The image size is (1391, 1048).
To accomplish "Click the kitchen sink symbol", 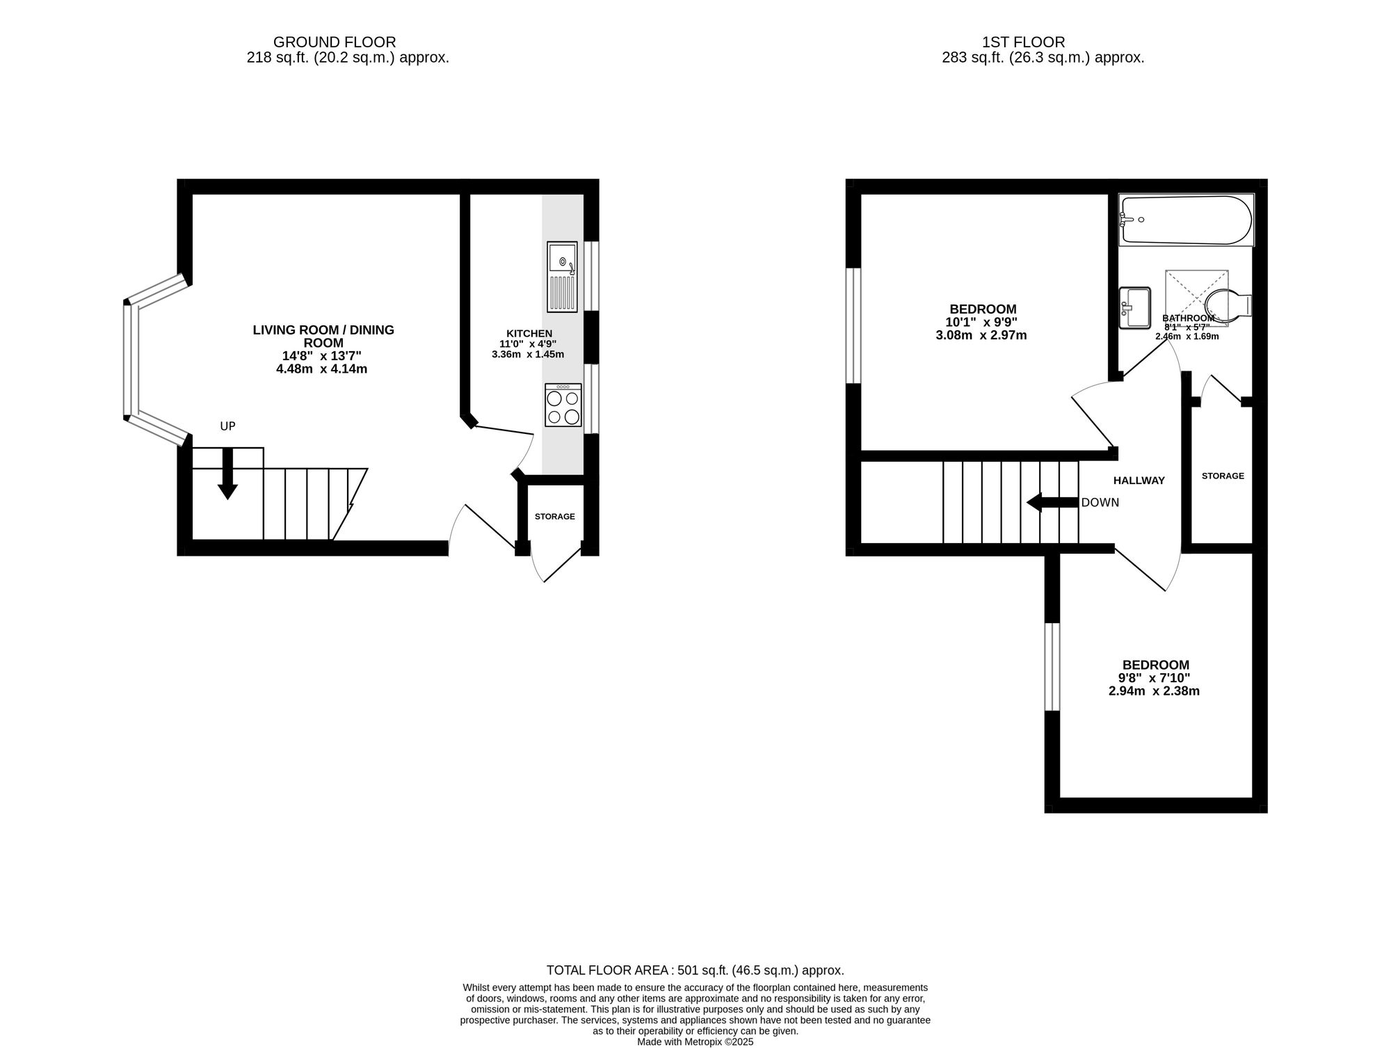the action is click(562, 277).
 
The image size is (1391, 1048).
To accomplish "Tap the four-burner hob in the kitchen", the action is click(563, 405).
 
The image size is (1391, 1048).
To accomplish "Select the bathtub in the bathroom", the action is click(1186, 220).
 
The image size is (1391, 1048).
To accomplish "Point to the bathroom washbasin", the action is click(1135, 307).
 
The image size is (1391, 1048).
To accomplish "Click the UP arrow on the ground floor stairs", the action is click(227, 474).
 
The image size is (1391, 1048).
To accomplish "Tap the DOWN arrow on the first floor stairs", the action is click(1052, 502).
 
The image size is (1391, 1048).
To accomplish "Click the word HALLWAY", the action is click(1139, 481).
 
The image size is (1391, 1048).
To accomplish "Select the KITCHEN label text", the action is click(529, 334).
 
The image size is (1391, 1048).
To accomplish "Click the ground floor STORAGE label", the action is click(555, 517).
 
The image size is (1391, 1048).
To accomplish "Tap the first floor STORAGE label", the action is click(1223, 476).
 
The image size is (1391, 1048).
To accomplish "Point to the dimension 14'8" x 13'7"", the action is click(321, 355).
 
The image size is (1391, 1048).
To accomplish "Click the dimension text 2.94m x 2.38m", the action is click(1154, 691).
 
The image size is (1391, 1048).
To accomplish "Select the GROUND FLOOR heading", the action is click(335, 42).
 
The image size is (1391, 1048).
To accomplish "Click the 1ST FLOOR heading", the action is click(1023, 42).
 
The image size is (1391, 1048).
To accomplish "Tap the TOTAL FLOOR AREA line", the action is click(695, 970).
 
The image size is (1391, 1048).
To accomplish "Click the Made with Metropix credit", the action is click(695, 1042).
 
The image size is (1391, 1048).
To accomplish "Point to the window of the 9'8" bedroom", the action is click(1052, 667).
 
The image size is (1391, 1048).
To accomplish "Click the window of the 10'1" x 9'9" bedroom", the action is click(853, 325).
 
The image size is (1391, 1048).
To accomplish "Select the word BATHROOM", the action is click(1189, 319).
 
